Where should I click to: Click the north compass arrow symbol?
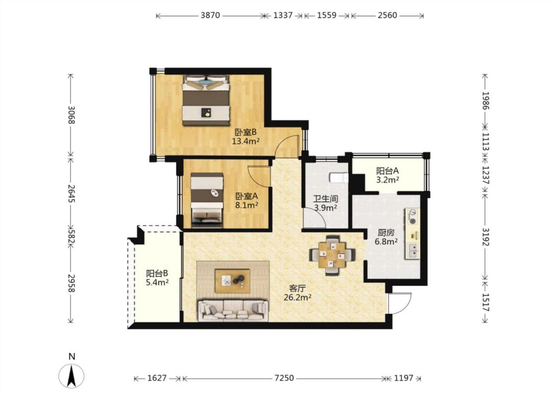(x=71, y=376)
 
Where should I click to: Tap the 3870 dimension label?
(x=210, y=15)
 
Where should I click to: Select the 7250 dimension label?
(x=284, y=378)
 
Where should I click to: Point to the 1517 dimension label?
(x=486, y=302)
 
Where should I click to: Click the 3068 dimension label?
(x=71, y=115)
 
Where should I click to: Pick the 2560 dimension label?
(x=387, y=15)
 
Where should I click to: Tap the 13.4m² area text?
(x=246, y=141)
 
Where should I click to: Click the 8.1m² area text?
(x=247, y=205)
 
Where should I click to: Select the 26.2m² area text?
(x=298, y=297)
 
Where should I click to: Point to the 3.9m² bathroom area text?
(x=325, y=208)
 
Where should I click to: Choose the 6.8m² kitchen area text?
(x=386, y=242)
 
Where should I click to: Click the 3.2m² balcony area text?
(x=387, y=180)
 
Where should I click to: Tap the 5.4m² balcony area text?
(x=157, y=282)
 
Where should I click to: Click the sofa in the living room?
(x=233, y=311)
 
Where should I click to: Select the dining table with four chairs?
(x=332, y=255)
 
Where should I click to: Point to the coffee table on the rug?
(x=233, y=281)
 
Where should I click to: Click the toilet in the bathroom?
(x=338, y=177)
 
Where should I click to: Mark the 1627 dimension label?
(x=157, y=378)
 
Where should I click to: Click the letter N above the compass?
(x=72, y=356)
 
